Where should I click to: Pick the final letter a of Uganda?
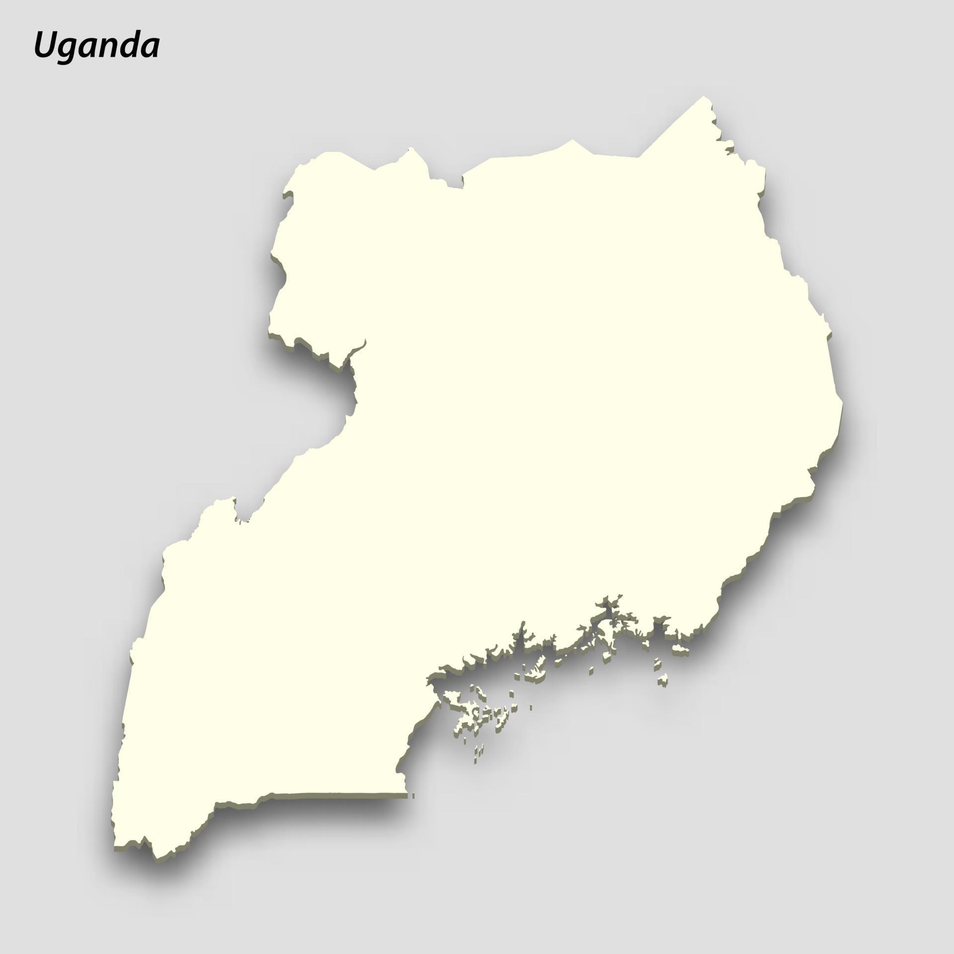click(151, 49)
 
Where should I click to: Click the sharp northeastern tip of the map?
click(704, 98)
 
